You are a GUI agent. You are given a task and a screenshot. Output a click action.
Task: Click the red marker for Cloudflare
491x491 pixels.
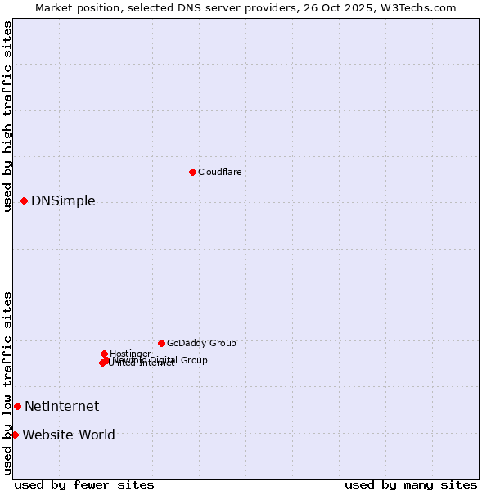[x=192, y=172]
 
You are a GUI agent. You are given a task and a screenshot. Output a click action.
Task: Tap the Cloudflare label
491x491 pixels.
[x=219, y=172]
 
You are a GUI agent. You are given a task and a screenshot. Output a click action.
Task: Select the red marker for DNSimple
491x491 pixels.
[x=24, y=200]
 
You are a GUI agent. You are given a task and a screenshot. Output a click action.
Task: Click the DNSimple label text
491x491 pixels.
[x=63, y=201]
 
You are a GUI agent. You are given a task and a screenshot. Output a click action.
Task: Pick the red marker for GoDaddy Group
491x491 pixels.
[x=161, y=343]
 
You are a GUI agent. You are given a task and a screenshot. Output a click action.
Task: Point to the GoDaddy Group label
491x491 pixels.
[x=201, y=344]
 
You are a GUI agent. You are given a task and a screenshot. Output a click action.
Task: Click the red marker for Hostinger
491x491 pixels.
[x=104, y=354]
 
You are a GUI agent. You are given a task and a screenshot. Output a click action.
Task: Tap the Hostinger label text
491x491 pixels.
[x=130, y=354]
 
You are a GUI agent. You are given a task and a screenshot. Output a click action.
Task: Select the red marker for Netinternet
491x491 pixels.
[x=17, y=406]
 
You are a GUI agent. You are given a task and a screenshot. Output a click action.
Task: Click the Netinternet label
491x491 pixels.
[x=61, y=407]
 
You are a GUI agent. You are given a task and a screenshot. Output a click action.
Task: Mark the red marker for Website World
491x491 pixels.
[x=15, y=435]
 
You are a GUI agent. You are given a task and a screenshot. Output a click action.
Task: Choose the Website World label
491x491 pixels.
[x=69, y=435]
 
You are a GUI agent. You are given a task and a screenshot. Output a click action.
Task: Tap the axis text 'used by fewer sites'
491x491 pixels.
[x=84, y=484]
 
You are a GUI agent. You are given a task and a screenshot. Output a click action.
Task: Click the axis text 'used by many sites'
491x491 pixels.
[x=411, y=484]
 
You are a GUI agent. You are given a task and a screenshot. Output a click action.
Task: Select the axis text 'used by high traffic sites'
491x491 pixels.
[x=7, y=116]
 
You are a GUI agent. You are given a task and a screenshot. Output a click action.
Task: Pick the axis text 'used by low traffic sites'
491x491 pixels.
[x=7, y=383]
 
